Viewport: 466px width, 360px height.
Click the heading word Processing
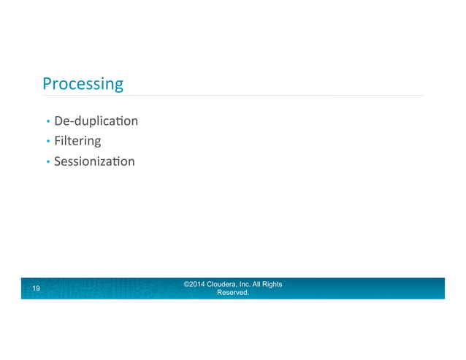coord(83,85)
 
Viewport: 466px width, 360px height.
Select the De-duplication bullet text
coord(96,120)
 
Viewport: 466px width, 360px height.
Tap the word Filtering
coord(77,140)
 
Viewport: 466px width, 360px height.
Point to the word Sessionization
coord(94,161)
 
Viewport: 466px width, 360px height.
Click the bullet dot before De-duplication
coord(47,121)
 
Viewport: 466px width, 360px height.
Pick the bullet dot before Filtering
coord(47,141)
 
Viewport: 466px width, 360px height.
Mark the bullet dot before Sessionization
coord(47,161)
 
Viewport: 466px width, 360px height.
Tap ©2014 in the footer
coord(194,284)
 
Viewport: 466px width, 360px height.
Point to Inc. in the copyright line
coord(246,284)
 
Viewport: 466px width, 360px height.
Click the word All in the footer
coord(261,284)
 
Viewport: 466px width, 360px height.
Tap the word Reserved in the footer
coord(233,293)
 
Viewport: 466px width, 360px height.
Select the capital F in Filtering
coord(58,140)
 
